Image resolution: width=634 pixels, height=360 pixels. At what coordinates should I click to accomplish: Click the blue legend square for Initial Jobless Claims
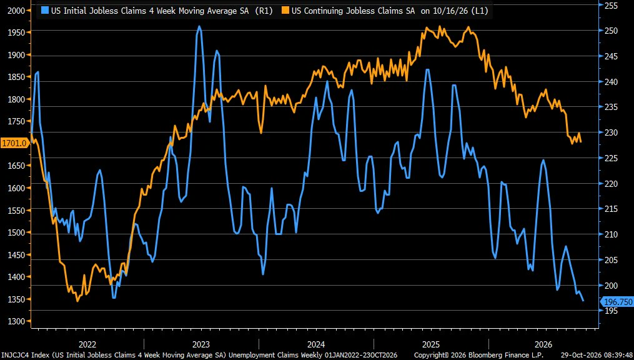pos(45,11)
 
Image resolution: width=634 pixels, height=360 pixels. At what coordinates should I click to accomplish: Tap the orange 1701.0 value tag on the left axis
pos(15,142)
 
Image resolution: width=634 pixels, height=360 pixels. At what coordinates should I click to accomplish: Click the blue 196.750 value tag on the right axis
pos(617,301)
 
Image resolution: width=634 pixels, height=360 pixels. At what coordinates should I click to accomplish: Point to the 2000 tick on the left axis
pos(19,11)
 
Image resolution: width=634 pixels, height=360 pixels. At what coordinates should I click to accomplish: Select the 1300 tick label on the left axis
pos(19,322)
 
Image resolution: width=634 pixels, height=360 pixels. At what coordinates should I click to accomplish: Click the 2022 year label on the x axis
pos(87,344)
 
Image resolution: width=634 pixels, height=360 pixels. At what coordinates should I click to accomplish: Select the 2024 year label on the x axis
pos(316,344)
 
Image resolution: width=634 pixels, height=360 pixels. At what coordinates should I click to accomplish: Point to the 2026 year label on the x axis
pos(544,344)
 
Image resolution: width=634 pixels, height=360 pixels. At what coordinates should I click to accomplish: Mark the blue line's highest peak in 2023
pos(199,26)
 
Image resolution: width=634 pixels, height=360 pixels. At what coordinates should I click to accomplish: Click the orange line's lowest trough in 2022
pos(77,301)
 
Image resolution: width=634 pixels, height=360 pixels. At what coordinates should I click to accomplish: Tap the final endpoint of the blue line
pos(583,301)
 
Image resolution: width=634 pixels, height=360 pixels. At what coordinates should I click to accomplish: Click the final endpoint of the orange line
pos(581,142)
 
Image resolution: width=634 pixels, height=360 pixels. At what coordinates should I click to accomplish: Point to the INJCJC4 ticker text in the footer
pos(15,355)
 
